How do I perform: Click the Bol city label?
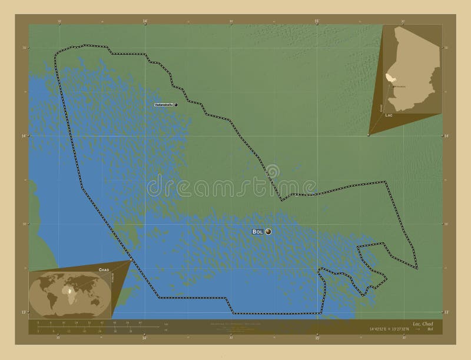257,232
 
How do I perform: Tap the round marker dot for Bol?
268,232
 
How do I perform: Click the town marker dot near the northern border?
176,105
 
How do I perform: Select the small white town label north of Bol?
163,105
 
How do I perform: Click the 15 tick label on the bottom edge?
317,338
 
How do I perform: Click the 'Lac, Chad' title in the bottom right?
423,324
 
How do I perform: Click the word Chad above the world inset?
104,269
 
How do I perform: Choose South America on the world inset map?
51,299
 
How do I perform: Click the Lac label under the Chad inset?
389,115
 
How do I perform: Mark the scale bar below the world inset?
97,327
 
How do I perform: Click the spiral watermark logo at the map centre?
273,172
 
